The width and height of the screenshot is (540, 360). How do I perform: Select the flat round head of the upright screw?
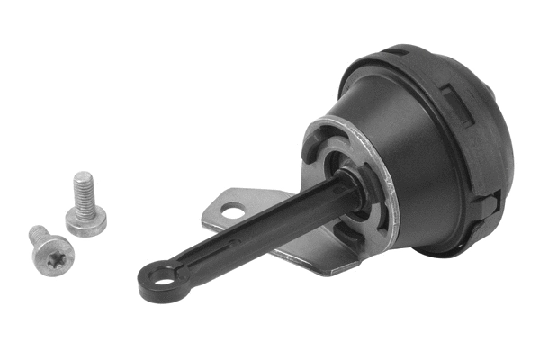(87, 219)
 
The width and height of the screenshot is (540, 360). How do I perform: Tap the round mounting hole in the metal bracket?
(232, 212)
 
